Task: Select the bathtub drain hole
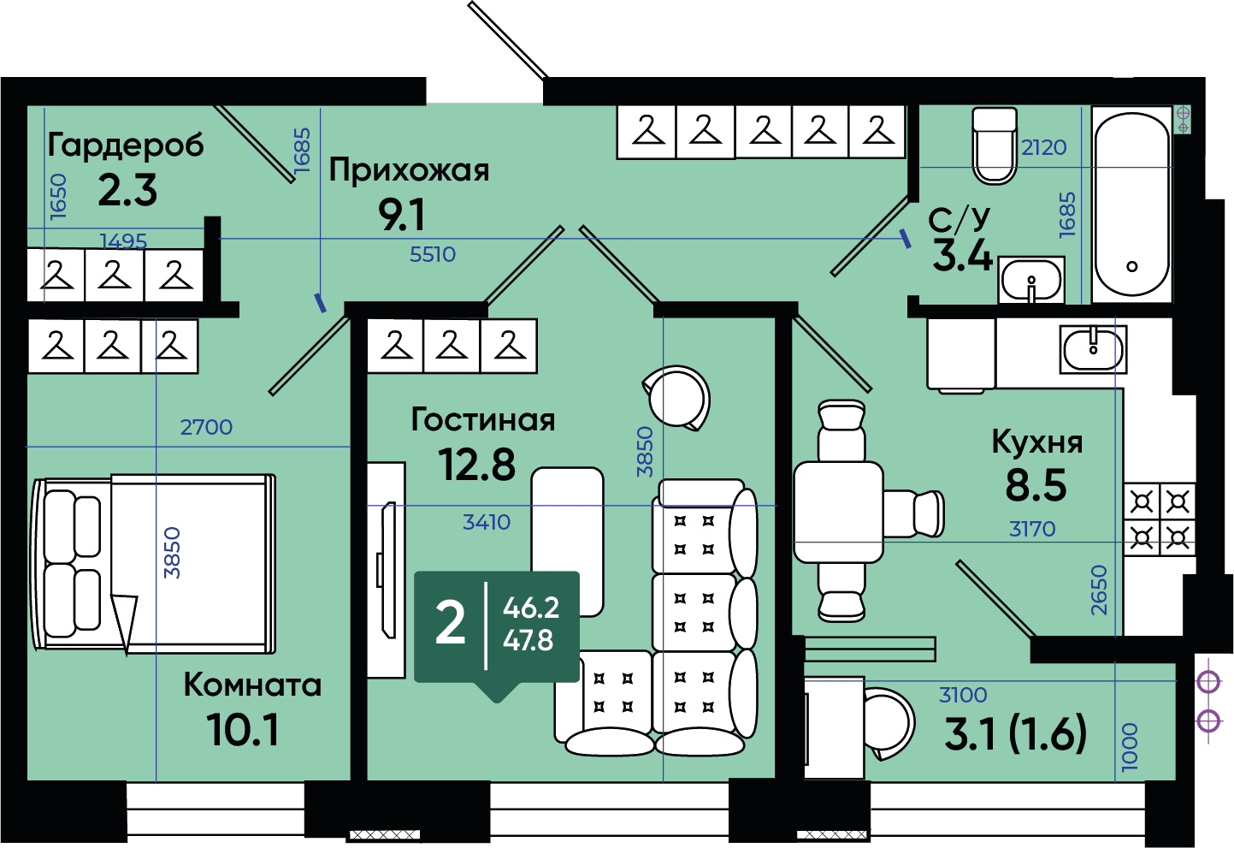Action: pos(1132,266)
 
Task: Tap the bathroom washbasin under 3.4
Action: pos(1030,280)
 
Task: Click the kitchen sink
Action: pos(1092,348)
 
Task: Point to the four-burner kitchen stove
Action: pos(1160,519)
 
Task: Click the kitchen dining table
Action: pos(838,512)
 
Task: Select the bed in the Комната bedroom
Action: pos(154,560)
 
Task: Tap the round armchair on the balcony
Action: pos(889,722)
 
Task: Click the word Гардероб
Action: pos(126,145)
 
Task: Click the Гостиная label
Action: pos(483,419)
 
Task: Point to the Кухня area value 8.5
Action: pos(1036,485)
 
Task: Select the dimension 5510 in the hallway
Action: pos(433,254)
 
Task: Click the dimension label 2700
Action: pos(206,427)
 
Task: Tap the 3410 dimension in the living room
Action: pos(487,522)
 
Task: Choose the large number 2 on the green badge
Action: pos(451,623)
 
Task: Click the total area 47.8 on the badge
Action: pos(528,640)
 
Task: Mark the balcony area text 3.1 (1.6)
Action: pos(1015,733)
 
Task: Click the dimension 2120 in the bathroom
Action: pos(1044,147)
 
